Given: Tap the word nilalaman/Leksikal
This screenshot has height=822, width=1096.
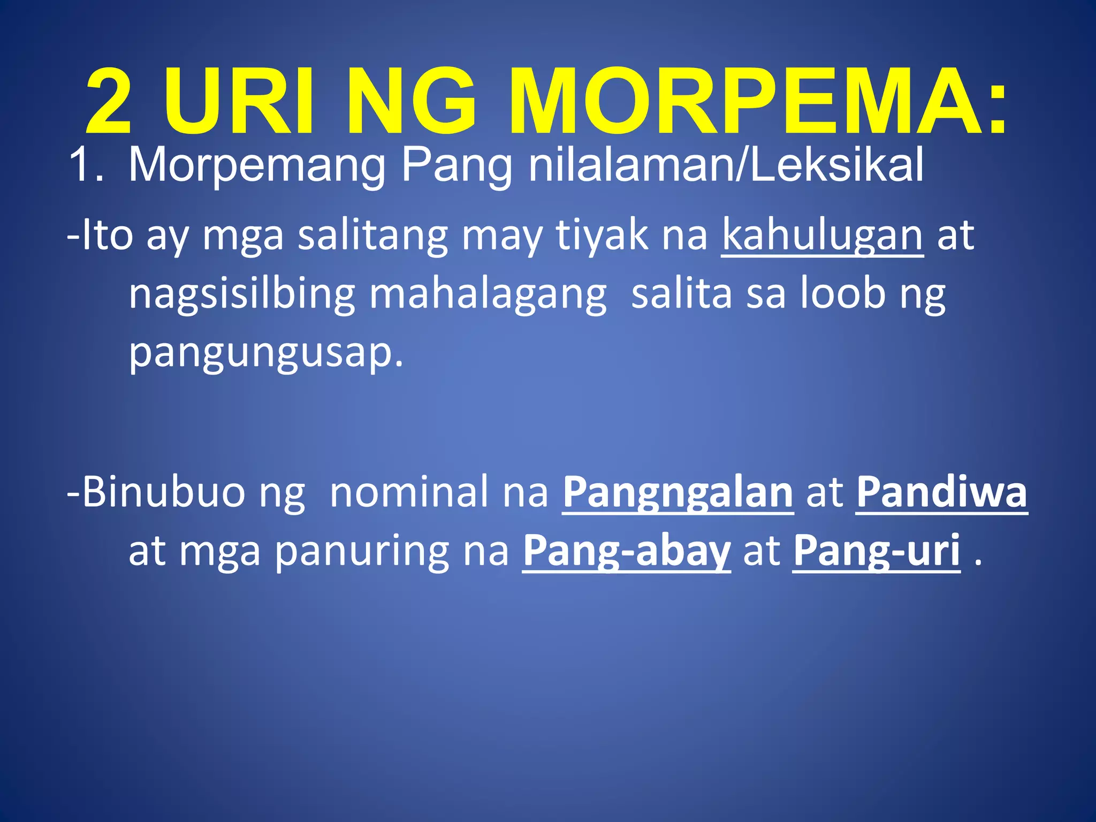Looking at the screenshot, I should click(x=726, y=166).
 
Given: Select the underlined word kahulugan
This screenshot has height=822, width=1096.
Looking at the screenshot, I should click(x=822, y=235).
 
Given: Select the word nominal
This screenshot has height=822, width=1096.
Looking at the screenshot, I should click(x=408, y=491).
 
